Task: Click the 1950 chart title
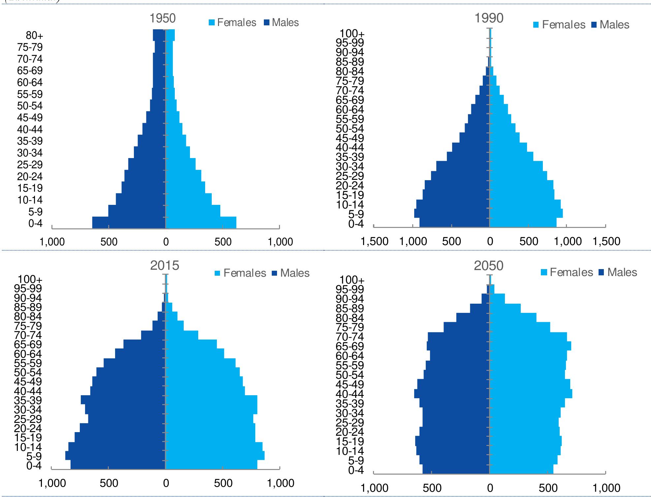[163, 18]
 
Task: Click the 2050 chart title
[488, 266]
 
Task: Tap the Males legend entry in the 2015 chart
[291, 273]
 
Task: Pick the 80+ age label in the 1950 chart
[35, 36]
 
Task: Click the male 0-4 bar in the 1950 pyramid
[129, 223]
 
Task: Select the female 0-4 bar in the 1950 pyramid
[201, 223]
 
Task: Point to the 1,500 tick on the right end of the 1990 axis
[606, 241]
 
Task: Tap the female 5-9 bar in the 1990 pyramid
[526, 213]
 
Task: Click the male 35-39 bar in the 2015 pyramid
[123, 400]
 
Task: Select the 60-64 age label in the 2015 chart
[30, 354]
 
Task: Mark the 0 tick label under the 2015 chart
[166, 483]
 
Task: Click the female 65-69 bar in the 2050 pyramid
[530, 346]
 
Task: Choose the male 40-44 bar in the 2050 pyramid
[452, 394]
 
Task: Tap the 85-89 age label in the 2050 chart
[350, 309]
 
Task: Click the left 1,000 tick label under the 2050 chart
[374, 488]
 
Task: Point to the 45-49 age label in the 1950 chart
[30, 118]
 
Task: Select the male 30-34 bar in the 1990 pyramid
[462, 166]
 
